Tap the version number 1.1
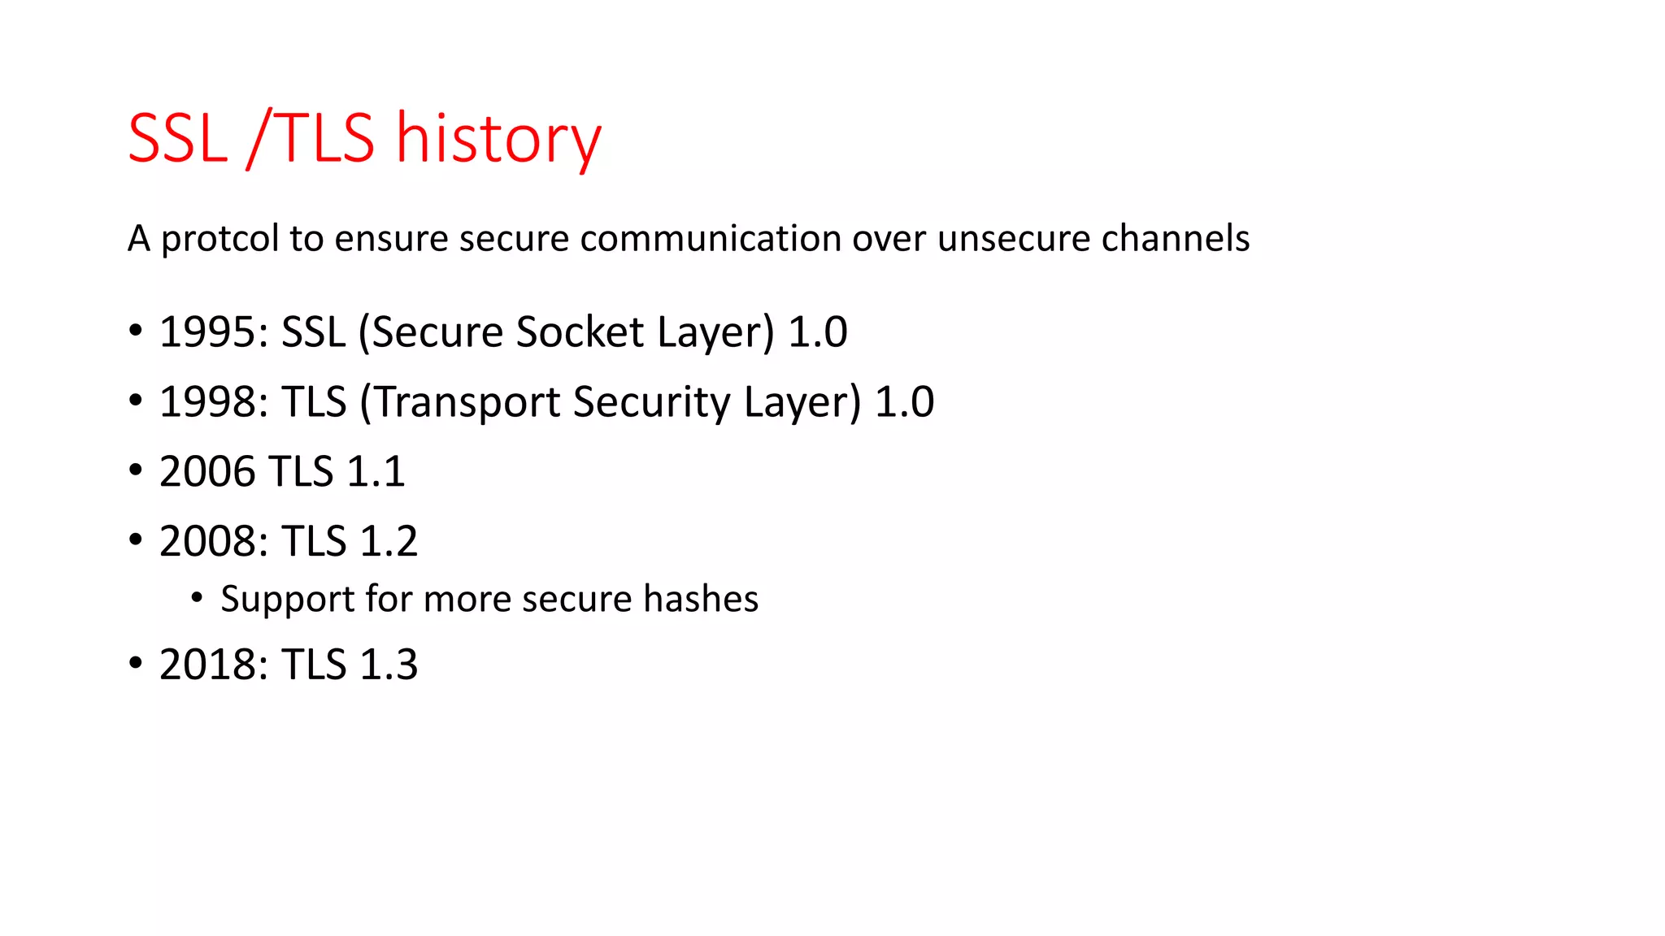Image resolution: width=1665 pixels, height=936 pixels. tap(376, 471)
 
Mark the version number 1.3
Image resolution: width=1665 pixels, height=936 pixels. tap(389, 665)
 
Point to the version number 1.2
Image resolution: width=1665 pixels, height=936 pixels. tap(389, 541)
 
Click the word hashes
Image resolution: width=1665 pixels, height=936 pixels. tap(701, 599)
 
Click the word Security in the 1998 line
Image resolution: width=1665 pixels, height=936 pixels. tap(651, 401)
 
